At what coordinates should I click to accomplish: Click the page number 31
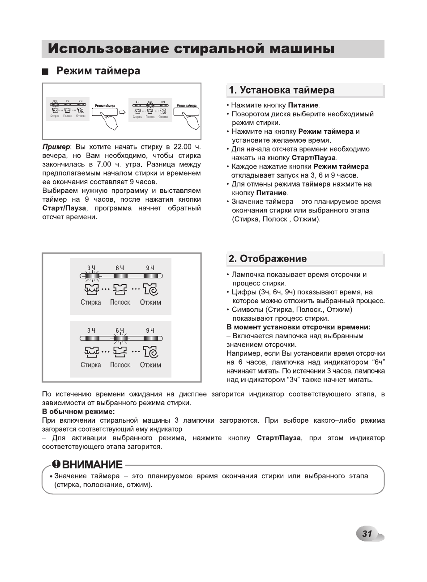click(x=367, y=533)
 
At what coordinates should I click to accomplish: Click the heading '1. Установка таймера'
click(x=282, y=90)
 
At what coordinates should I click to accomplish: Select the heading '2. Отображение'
click(x=268, y=259)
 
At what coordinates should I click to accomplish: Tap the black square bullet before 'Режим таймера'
click(x=45, y=72)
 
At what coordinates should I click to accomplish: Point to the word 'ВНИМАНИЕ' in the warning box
click(x=93, y=464)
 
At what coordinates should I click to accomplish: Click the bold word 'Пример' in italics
click(x=56, y=147)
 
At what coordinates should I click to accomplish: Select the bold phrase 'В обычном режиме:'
click(x=78, y=412)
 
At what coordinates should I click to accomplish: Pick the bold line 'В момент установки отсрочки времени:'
click(x=299, y=327)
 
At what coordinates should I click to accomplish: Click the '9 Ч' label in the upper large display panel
click(x=150, y=268)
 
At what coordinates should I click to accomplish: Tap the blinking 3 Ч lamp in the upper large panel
click(x=91, y=276)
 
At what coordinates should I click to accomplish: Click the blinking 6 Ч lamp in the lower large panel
click(x=120, y=339)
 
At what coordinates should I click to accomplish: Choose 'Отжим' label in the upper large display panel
click(x=150, y=302)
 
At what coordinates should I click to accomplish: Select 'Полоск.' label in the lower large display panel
click(x=121, y=365)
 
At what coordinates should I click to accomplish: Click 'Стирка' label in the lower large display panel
click(x=91, y=365)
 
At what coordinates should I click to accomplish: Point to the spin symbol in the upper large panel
click(x=151, y=289)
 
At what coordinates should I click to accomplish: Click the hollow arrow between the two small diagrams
click(x=122, y=111)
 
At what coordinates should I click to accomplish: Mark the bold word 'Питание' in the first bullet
click(x=303, y=105)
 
